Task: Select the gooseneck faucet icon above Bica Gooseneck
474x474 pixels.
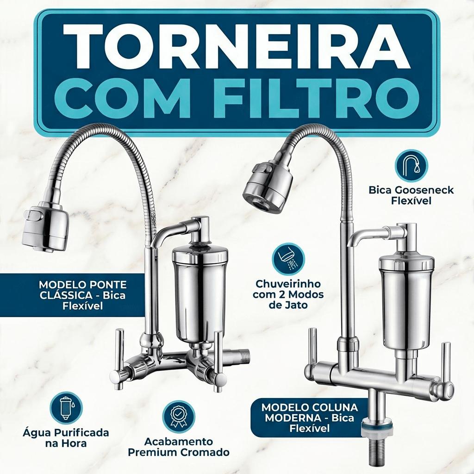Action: coord(411,166)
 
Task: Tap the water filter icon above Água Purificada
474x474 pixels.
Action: coord(66,408)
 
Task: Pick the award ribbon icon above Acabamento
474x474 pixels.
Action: coord(178,417)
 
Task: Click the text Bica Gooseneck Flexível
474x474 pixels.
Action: coord(411,195)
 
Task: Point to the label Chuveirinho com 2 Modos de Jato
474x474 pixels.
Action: coord(288,294)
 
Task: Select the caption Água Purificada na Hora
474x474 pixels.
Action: coord(66,438)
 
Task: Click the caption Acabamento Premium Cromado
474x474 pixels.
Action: coord(178,447)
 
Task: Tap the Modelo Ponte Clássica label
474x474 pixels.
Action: coord(82,295)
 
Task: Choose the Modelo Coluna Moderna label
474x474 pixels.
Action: coord(310,418)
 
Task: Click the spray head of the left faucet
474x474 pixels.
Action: coord(45,228)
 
